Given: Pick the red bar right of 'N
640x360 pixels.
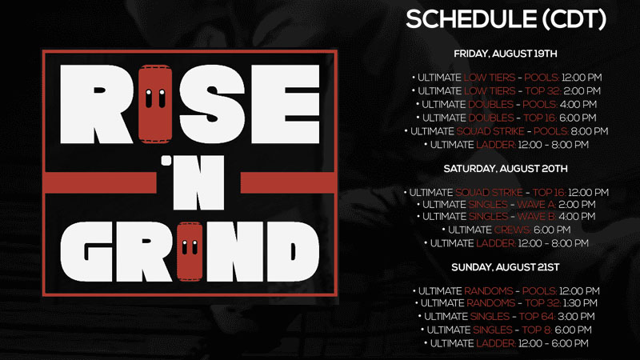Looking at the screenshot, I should point(287,182).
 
